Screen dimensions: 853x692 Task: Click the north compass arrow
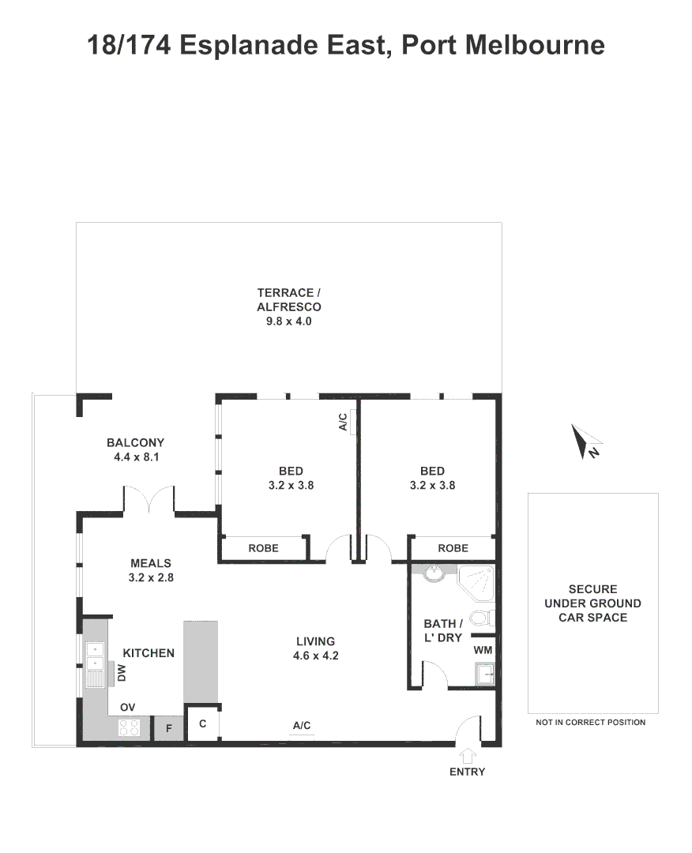click(585, 441)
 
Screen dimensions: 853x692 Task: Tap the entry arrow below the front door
click(466, 753)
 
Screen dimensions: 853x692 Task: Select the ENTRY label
click(467, 772)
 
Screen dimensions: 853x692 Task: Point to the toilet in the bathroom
click(481, 617)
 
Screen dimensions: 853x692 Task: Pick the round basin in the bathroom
click(432, 573)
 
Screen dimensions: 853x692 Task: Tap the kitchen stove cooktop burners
click(129, 727)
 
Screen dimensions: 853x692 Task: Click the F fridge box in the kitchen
click(168, 728)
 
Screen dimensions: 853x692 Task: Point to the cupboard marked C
click(202, 723)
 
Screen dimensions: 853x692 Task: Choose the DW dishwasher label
click(121, 673)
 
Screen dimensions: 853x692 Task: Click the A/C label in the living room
click(302, 725)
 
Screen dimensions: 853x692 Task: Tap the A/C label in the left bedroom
click(343, 423)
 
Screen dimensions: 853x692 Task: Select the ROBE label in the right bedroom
click(453, 547)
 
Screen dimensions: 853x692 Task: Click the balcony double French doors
click(149, 499)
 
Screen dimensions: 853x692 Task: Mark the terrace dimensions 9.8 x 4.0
click(288, 321)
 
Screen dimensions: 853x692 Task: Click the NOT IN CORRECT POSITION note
click(590, 722)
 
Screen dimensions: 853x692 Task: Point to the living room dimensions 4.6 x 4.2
click(316, 656)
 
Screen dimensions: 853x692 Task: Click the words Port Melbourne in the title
click(503, 44)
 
